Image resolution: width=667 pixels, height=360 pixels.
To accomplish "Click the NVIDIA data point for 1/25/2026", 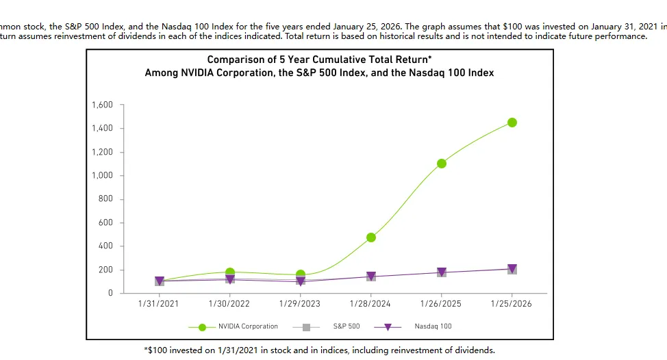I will (x=512, y=123).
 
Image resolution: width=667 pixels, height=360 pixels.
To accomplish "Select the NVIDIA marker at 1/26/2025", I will (x=441, y=164).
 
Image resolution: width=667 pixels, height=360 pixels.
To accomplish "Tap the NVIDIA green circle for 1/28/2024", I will (x=371, y=237).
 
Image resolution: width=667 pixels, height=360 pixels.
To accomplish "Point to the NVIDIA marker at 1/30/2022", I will (x=230, y=272).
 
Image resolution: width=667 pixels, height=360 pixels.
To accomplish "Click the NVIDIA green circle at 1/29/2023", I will (x=301, y=274).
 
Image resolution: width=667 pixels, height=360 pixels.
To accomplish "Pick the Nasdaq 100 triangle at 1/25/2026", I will (x=512, y=269).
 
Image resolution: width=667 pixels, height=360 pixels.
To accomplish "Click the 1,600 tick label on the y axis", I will (x=101, y=105).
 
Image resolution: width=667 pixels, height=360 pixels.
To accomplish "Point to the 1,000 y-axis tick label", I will (x=101, y=175).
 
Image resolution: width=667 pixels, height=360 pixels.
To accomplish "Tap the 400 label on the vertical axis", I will (x=105, y=246).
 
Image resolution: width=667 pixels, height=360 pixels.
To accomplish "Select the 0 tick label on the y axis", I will (x=110, y=293).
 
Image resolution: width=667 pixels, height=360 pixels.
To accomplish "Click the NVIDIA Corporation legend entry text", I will (x=248, y=326).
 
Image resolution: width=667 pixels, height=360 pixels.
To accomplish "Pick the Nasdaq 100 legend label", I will (x=433, y=326).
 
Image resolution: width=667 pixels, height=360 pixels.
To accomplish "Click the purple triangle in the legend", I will (x=388, y=327).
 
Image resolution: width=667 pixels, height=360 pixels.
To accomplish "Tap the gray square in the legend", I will (x=306, y=327).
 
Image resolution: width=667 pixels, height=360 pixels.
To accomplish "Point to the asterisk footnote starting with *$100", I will (x=319, y=350).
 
